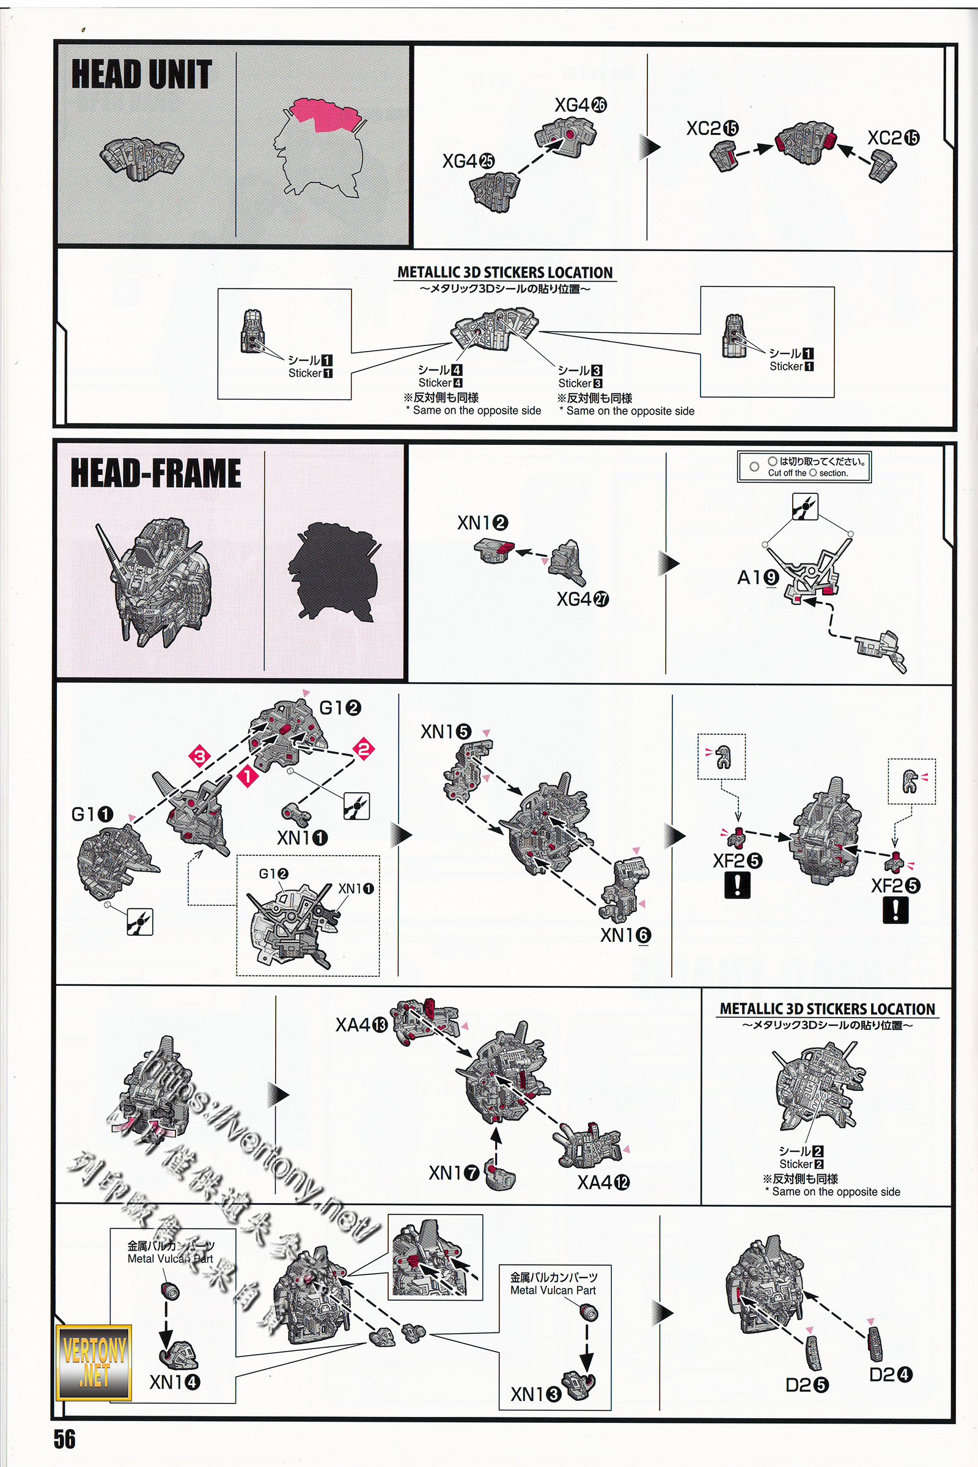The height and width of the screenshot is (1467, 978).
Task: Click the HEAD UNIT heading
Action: pyautogui.click(x=142, y=74)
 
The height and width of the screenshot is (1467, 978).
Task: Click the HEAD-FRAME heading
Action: pyautogui.click(x=155, y=472)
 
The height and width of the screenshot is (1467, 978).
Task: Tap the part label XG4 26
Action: pyautogui.click(x=580, y=105)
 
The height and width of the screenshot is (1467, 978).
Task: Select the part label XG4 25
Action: pyautogui.click(x=468, y=161)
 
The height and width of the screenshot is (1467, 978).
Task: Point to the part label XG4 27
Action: pyautogui.click(x=583, y=600)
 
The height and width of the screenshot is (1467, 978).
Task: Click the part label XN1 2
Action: pyautogui.click(x=482, y=523)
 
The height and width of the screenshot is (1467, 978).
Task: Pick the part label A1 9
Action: pyautogui.click(x=758, y=578)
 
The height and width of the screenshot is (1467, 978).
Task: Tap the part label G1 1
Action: pyautogui.click(x=92, y=814)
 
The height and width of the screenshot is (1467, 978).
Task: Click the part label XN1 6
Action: pyautogui.click(x=625, y=935)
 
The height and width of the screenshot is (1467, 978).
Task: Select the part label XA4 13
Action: pyautogui.click(x=361, y=1025)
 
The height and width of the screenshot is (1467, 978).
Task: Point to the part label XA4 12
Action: pyautogui.click(x=603, y=1182)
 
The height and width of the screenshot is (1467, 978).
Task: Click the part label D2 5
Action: pyautogui.click(x=806, y=1385)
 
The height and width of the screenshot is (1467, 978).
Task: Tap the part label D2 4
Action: pyautogui.click(x=890, y=1375)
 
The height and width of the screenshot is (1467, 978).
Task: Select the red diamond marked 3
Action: pyautogui.click(x=200, y=757)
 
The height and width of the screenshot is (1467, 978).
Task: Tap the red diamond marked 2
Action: pyautogui.click(x=364, y=748)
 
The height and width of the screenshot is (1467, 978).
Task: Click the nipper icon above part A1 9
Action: pyautogui.click(x=804, y=507)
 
